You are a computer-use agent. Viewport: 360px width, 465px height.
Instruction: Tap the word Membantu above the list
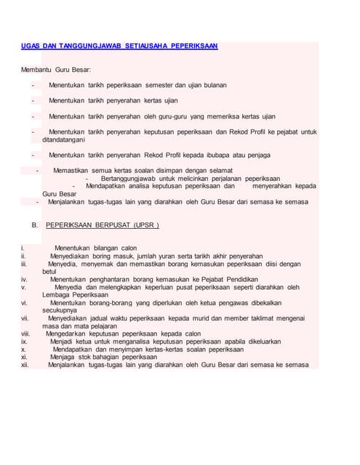coord(37,70)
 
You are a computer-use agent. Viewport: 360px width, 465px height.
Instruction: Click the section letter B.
coord(34,225)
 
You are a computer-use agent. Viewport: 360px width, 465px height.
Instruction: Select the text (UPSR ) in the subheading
coord(145,225)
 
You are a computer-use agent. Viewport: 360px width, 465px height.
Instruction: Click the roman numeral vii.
coord(25,318)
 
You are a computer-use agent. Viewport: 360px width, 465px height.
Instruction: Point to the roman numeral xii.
coord(25,365)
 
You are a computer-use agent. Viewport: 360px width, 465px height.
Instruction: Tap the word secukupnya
coord(60,310)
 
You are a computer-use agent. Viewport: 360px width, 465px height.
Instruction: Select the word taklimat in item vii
coord(241,318)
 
